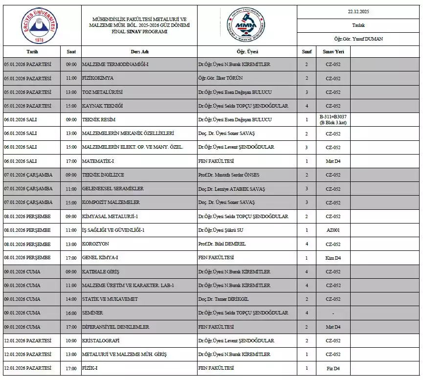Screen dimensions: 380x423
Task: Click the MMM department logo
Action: pos(243,24)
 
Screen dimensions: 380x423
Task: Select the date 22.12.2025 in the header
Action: pos(358,12)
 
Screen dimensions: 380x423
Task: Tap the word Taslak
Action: pos(358,25)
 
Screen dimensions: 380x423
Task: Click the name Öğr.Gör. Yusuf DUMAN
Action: pos(358,39)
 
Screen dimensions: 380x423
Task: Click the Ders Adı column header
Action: pos(139,51)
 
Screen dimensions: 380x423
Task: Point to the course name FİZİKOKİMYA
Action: pos(98,78)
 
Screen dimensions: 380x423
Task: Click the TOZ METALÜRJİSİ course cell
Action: pos(102,92)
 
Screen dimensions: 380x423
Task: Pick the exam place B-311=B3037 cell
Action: pos(333,120)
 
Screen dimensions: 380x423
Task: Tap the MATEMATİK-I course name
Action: pos(98,161)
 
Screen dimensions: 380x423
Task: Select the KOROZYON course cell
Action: pos(96,244)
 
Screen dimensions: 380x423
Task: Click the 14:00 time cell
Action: pos(71,299)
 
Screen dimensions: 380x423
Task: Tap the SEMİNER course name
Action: pos(93,313)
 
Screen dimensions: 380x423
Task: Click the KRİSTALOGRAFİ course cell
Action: pos(101,340)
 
